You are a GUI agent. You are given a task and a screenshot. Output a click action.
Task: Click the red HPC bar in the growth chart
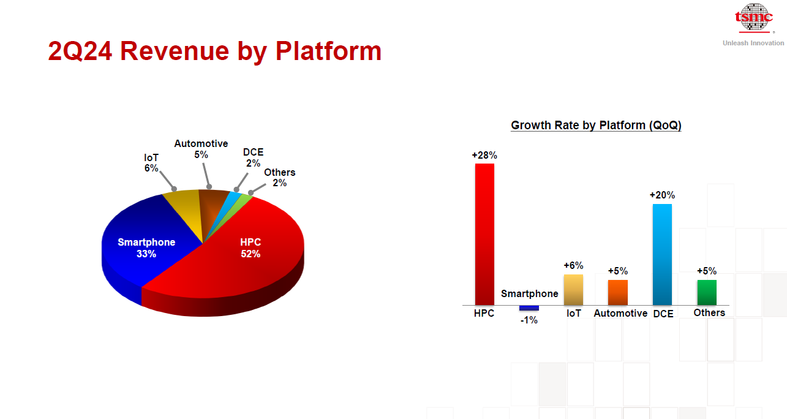[484, 234]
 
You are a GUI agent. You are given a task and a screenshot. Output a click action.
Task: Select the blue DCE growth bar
[662, 254]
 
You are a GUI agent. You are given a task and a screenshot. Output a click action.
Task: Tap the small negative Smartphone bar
[529, 308]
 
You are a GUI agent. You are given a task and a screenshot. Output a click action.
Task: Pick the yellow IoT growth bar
[573, 290]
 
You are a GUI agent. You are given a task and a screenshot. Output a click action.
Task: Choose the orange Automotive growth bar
[617, 292]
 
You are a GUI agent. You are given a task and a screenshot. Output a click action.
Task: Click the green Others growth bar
[707, 292]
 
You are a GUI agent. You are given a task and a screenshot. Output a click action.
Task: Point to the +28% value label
[484, 156]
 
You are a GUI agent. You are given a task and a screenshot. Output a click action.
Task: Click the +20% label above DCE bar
[662, 195]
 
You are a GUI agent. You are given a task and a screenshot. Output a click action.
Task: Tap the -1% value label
[529, 320]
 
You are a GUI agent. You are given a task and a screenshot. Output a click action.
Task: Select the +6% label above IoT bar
[573, 265]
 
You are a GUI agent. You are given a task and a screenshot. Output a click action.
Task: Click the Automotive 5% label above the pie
[201, 149]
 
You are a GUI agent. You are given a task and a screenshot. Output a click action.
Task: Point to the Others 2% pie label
[280, 178]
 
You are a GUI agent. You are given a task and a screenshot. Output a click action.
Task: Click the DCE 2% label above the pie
[253, 157]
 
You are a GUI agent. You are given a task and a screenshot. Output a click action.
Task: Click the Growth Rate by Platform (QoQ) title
[596, 126]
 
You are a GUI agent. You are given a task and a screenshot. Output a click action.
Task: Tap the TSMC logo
[754, 18]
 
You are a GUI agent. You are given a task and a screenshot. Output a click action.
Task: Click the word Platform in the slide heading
[328, 51]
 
